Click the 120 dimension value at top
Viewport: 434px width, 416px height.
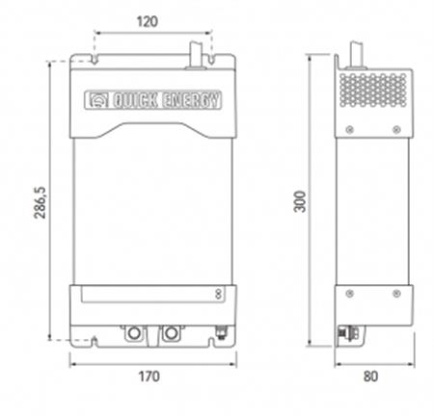click(x=148, y=22)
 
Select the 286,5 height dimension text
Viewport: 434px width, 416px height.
click(x=41, y=203)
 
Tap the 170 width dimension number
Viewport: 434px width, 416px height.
click(x=149, y=377)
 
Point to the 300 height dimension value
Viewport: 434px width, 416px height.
click(x=300, y=201)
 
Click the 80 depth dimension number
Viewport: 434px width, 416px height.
click(x=370, y=377)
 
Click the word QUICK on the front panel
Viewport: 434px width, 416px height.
click(x=135, y=100)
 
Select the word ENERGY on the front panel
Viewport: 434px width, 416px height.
click(x=192, y=100)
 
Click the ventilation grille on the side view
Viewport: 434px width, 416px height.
click(x=373, y=91)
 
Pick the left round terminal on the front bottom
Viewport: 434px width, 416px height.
click(x=134, y=333)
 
